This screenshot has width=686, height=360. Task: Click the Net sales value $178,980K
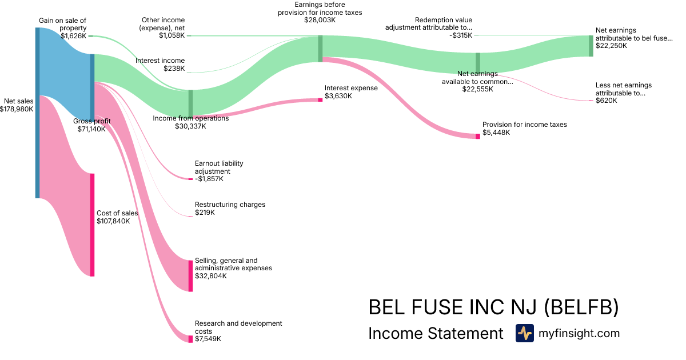point(17,109)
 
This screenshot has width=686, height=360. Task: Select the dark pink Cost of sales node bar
point(92,225)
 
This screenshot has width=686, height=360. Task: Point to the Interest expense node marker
point(320,100)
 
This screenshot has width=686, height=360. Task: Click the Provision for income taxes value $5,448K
point(496,133)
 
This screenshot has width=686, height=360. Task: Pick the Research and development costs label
point(238,327)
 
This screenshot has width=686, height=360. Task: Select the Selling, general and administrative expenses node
point(190,275)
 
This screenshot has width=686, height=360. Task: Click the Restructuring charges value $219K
point(205,213)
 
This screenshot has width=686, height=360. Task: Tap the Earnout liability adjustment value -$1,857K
point(209,179)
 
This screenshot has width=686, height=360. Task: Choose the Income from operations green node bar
point(190,103)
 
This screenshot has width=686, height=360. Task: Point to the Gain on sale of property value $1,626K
point(74,35)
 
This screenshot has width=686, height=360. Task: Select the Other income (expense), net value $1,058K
point(172,35)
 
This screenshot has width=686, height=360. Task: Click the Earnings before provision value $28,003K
point(320,20)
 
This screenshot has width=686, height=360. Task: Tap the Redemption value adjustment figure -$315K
point(461,35)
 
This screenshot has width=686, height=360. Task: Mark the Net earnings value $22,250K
point(611,46)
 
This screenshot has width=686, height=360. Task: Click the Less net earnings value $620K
point(606,101)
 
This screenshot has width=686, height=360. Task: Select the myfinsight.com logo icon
point(524,333)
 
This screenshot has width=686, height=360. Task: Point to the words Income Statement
point(436,333)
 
